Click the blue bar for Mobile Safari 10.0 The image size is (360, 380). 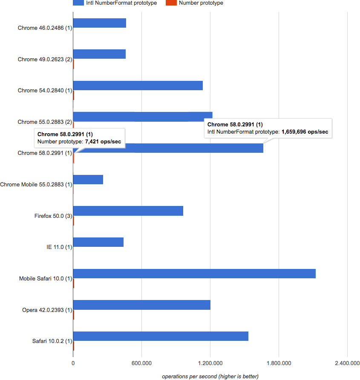tap(194, 274)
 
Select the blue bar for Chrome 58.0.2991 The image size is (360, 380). tap(168, 148)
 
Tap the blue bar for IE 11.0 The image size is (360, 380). tap(98, 242)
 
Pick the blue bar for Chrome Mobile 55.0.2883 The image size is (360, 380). tap(88, 180)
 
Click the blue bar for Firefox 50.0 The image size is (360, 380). tap(128, 211)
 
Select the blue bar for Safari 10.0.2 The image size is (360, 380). tap(161, 336)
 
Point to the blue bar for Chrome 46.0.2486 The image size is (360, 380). tap(100, 23)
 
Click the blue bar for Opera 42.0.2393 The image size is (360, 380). tap(142, 305)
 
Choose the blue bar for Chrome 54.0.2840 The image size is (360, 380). tap(138, 86)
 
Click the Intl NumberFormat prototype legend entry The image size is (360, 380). tap(115, 3)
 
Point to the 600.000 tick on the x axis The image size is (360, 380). tap(142, 363)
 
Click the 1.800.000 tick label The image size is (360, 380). tap(279, 363)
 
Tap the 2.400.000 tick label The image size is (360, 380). tap(347, 363)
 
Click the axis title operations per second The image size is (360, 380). tap(210, 376)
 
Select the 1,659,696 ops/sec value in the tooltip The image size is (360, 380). tap(305, 132)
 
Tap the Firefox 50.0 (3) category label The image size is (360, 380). tap(53, 216)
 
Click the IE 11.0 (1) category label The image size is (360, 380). tap(59, 247)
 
